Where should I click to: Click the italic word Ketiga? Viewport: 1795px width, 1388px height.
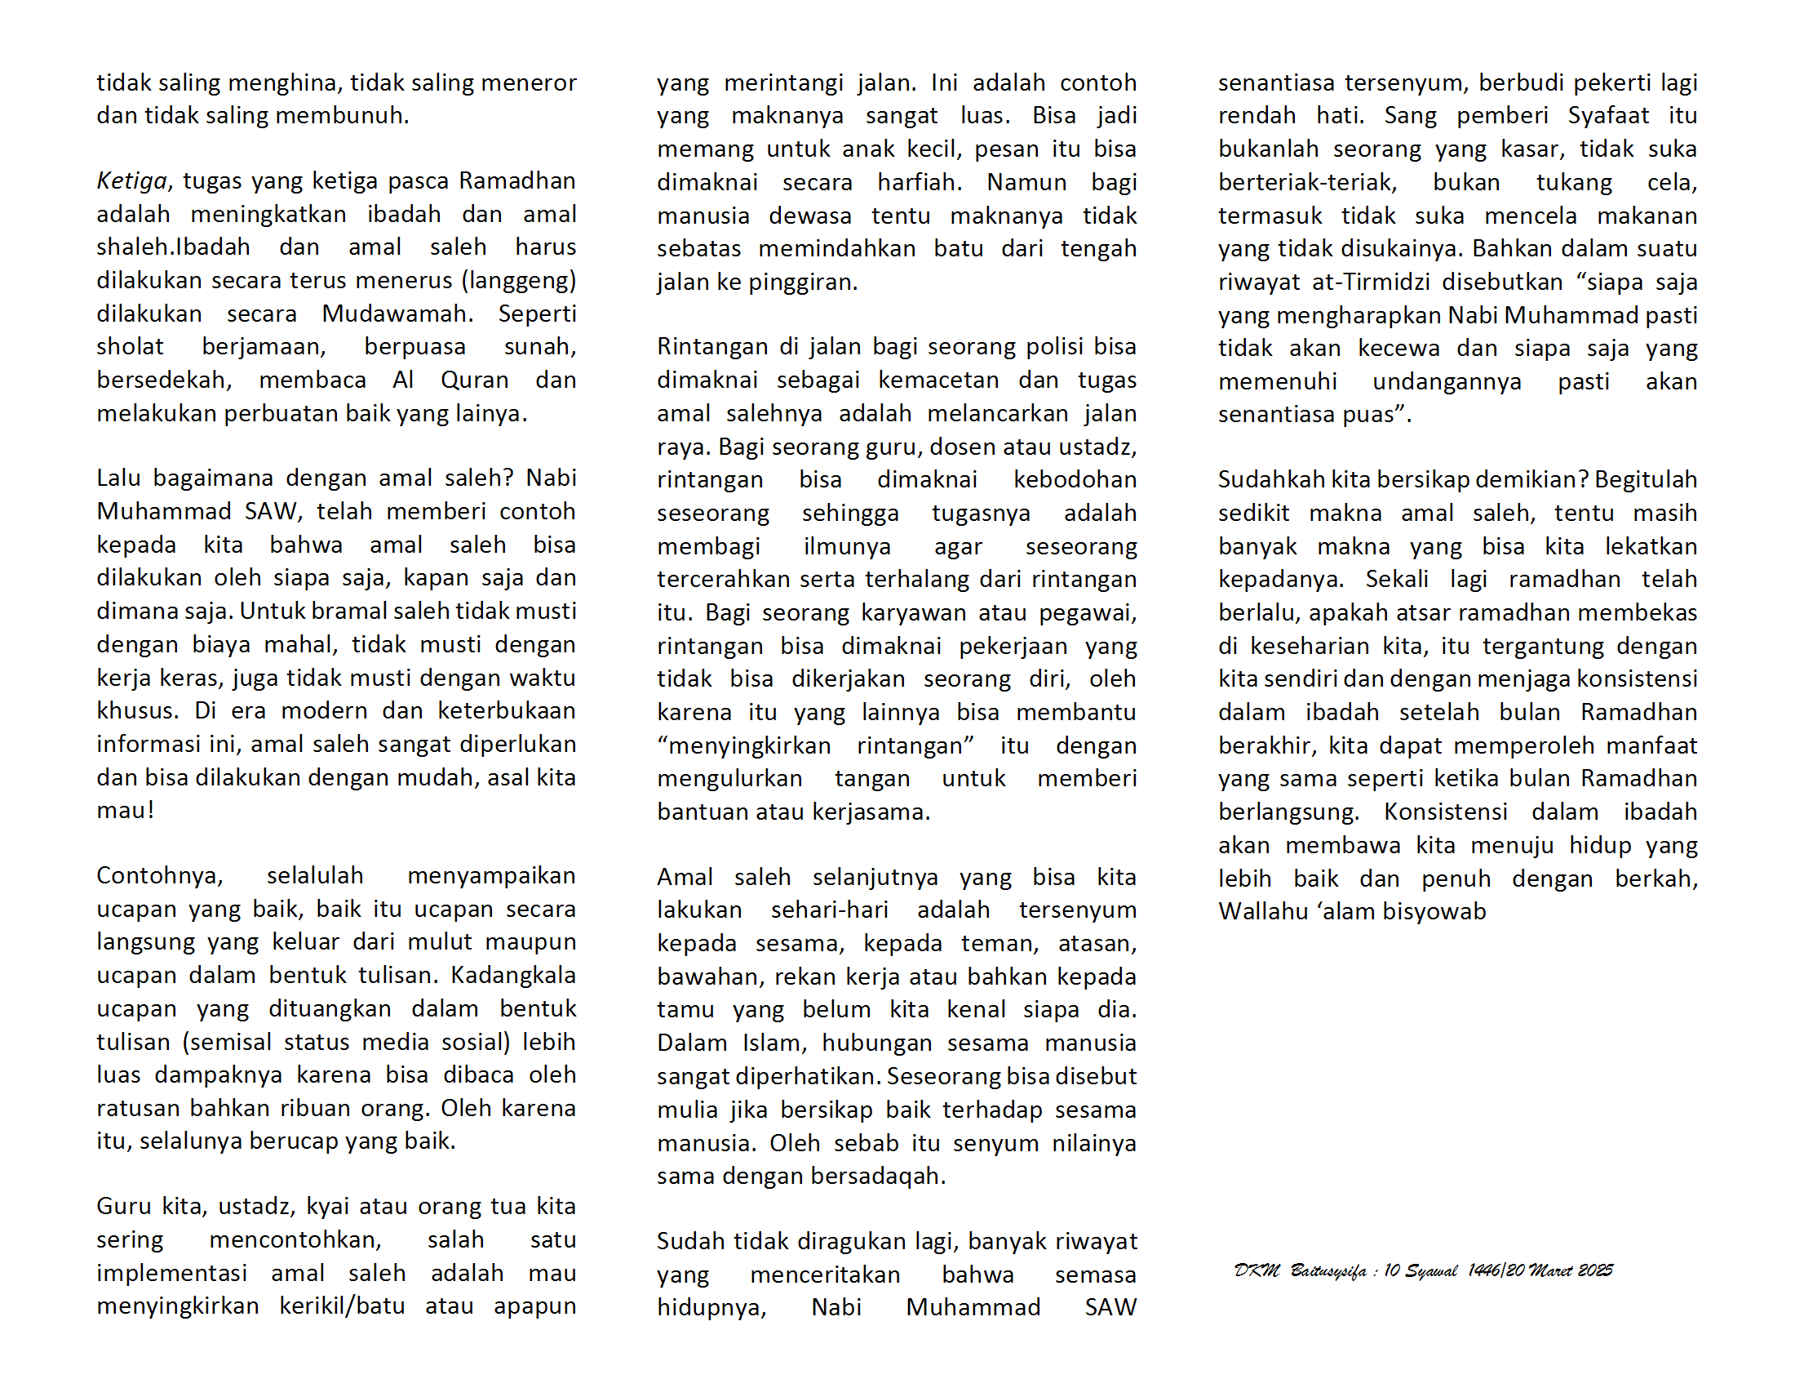click(x=131, y=181)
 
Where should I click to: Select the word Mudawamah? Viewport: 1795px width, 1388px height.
click(x=397, y=314)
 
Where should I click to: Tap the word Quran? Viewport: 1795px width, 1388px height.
click(x=474, y=380)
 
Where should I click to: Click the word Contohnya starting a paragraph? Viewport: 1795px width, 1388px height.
click(x=159, y=876)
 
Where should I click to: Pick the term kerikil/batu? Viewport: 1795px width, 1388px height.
click(x=342, y=1306)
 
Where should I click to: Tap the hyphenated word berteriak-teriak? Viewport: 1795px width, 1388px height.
click(x=1307, y=182)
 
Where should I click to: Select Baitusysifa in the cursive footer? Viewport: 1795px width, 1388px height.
click(x=1327, y=1271)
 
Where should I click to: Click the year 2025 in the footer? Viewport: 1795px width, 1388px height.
click(x=1595, y=1271)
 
